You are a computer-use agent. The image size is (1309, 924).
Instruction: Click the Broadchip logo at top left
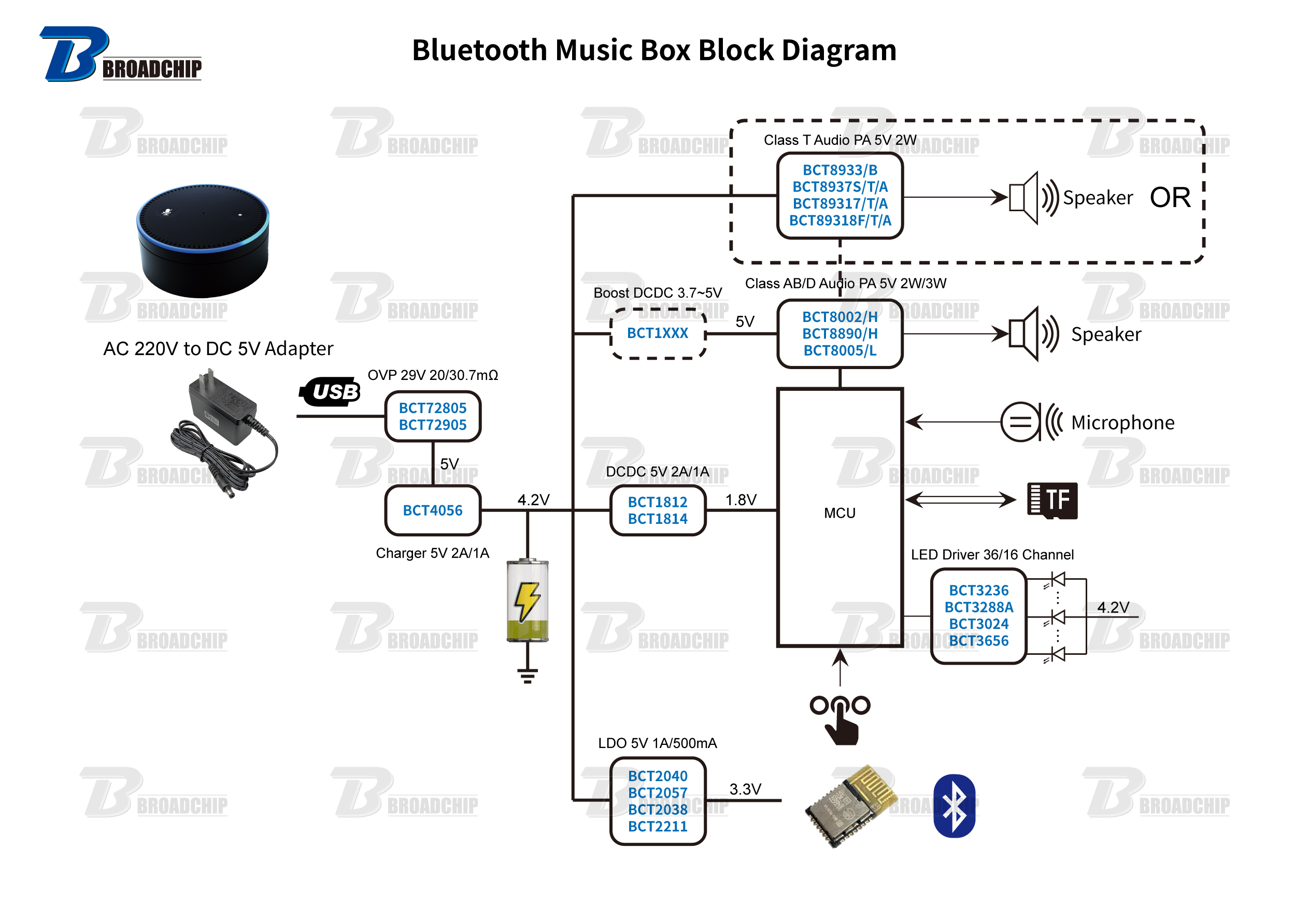click(120, 54)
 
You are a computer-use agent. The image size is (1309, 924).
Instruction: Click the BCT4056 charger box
click(433, 510)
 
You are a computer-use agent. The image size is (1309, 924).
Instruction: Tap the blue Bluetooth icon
click(954, 805)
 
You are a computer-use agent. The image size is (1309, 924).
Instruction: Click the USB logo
click(331, 392)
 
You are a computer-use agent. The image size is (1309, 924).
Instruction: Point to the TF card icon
click(1052, 500)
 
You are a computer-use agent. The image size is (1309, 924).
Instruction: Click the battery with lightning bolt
click(528, 601)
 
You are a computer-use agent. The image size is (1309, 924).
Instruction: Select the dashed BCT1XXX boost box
click(658, 333)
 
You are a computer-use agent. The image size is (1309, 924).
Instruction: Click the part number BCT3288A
click(978, 607)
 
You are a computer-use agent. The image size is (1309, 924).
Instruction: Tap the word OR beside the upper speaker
click(1170, 198)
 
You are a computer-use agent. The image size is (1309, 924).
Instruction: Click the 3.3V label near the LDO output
click(745, 789)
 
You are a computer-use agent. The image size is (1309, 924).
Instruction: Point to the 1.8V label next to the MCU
click(741, 500)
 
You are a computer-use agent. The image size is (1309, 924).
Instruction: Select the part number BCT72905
click(433, 425)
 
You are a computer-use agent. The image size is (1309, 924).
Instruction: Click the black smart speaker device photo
click(203, 240)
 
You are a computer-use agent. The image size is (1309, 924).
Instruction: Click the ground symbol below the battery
click(528, 676)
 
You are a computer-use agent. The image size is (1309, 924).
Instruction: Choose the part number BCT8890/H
click(840, 334)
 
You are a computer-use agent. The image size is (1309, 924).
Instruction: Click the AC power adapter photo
click(225, 433)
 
